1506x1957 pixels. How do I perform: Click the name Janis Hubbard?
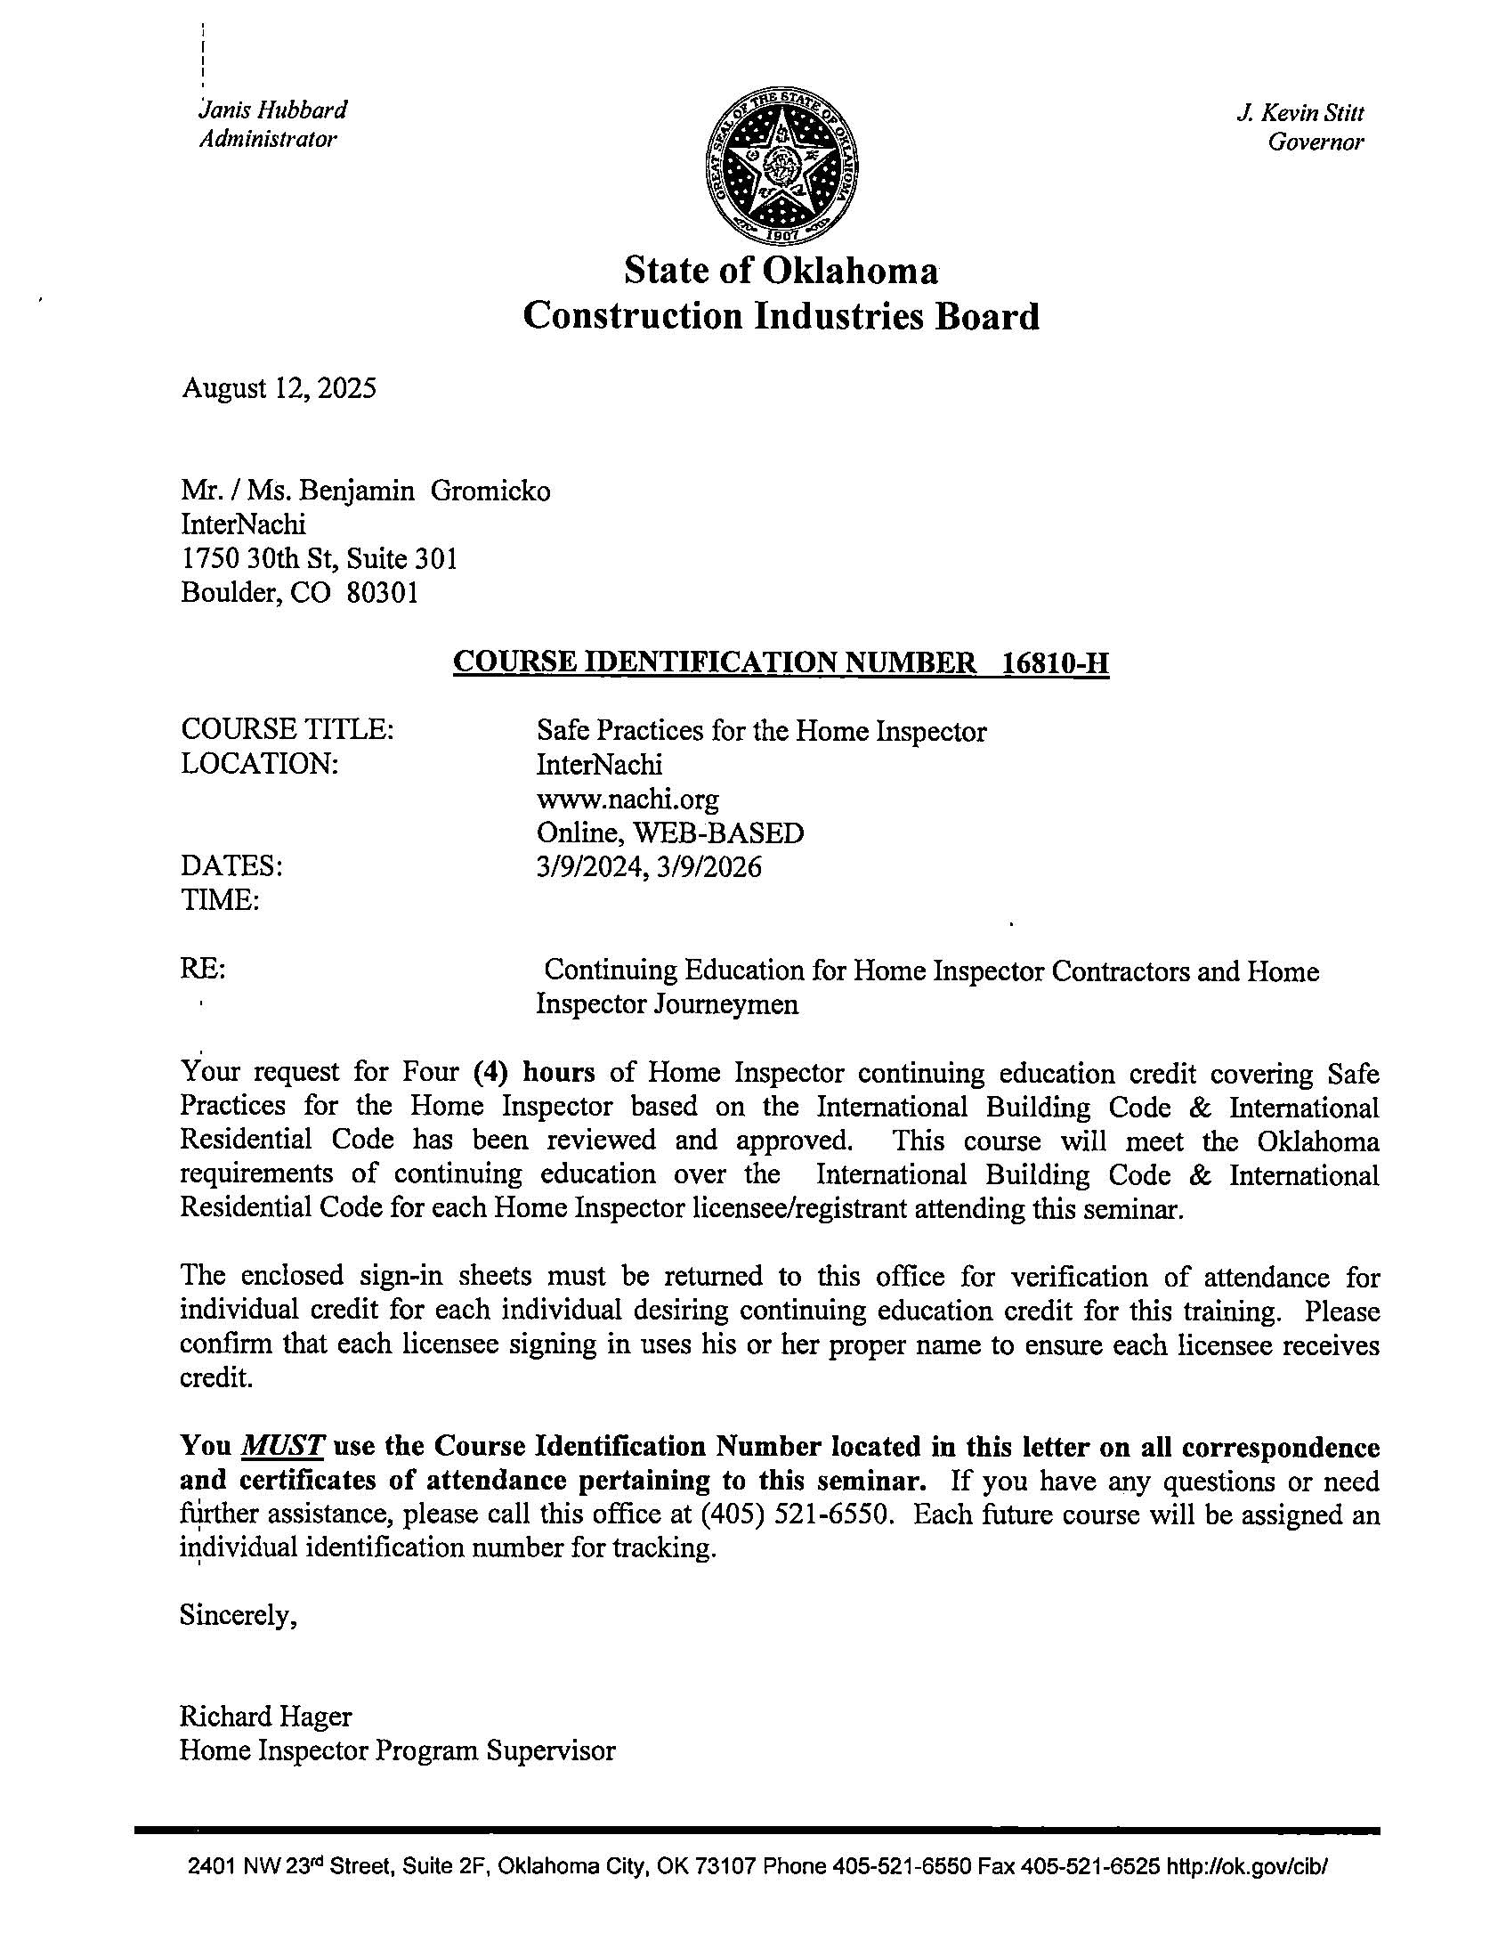273,110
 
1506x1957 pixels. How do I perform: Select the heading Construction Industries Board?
781,316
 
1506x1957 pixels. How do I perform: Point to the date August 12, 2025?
279,388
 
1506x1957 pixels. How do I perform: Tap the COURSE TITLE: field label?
287,730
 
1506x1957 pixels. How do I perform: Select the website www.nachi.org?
627,799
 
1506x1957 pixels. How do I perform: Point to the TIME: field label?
221,899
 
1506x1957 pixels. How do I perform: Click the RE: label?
202,970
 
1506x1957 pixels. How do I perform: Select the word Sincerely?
238,1615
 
